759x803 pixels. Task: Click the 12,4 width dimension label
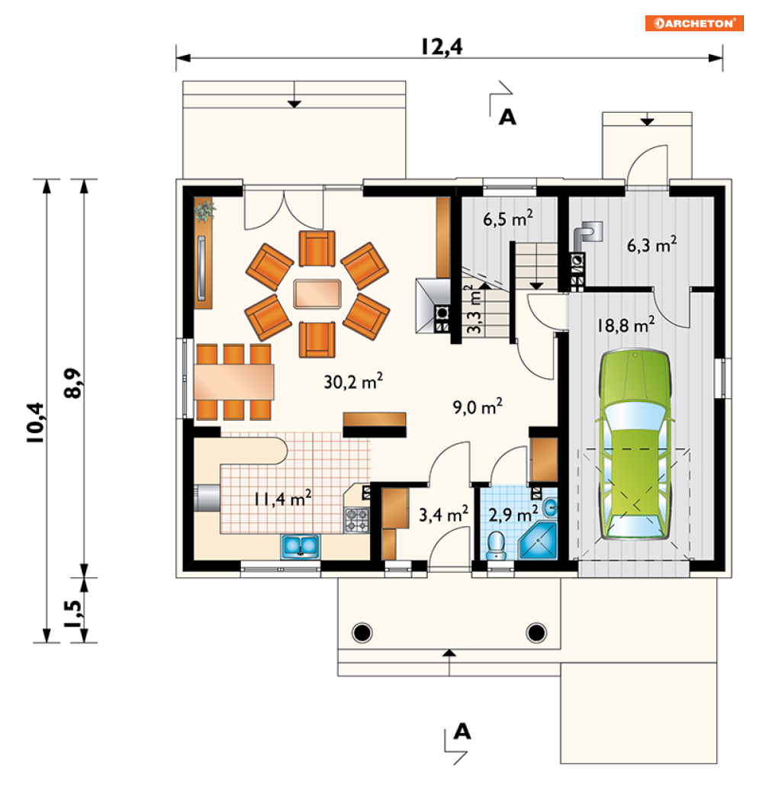tap(442, 47)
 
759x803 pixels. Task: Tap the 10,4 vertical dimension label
tap(37, 422)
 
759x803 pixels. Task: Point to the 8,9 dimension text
tap(72, 383)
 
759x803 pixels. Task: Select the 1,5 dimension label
tap(72, 614)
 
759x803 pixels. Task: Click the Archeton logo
tap(694, 24)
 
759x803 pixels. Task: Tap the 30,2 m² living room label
tap(353, 381)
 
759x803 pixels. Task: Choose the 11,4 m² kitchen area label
tap(283, 498)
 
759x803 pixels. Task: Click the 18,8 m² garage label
tap(626, 325)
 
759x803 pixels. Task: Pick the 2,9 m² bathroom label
tap(513, 514)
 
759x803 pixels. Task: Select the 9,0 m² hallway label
tap(478, 406)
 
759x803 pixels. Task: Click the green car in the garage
tap(635, 444)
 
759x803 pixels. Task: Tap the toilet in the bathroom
tap(496, 545)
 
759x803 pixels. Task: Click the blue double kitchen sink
tap(300, 547)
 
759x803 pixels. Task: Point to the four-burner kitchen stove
tap(356, 520)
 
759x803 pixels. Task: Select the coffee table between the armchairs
tap(317, 294)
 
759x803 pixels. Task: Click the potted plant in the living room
tap(204, 210)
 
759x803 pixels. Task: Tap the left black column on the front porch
tap(362, 632)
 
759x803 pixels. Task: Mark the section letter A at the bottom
tap(462, 731)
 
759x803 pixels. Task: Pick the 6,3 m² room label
tap(652, 245)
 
